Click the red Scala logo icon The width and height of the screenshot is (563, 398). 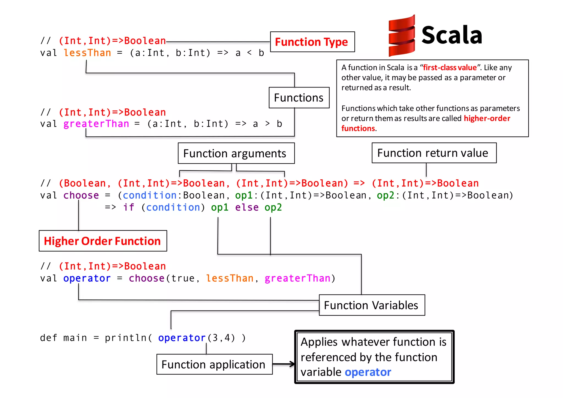[x=401, y=36]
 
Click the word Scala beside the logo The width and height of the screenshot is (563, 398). [x=452, y=35]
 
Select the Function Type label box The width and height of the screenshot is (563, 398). [x=312, y=42]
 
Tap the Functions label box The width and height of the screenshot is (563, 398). [x=299, y=98]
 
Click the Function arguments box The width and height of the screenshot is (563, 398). [x=236, y=153]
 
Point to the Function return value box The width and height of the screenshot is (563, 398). [x=434, y=153]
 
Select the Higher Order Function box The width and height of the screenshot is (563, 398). [x=103, y=241]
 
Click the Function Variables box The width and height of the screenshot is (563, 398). [x=372, y=305]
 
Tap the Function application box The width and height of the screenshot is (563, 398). [x=214, y=364]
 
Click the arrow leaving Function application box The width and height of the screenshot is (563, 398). [x=284, y=364]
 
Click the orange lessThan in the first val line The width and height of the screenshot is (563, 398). [x=87, y=53]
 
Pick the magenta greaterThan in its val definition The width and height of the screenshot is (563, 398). [x=96, y=124]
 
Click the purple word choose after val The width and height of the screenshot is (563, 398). [x=81, y=195]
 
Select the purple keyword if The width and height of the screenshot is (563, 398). [x=129, y=207]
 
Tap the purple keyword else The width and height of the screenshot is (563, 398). [x=247, y=207]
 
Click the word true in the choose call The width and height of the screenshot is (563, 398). [x=183, y=278]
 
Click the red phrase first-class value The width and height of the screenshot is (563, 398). [x=450, y=68]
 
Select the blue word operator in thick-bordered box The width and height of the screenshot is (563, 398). [x=368, y=372]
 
